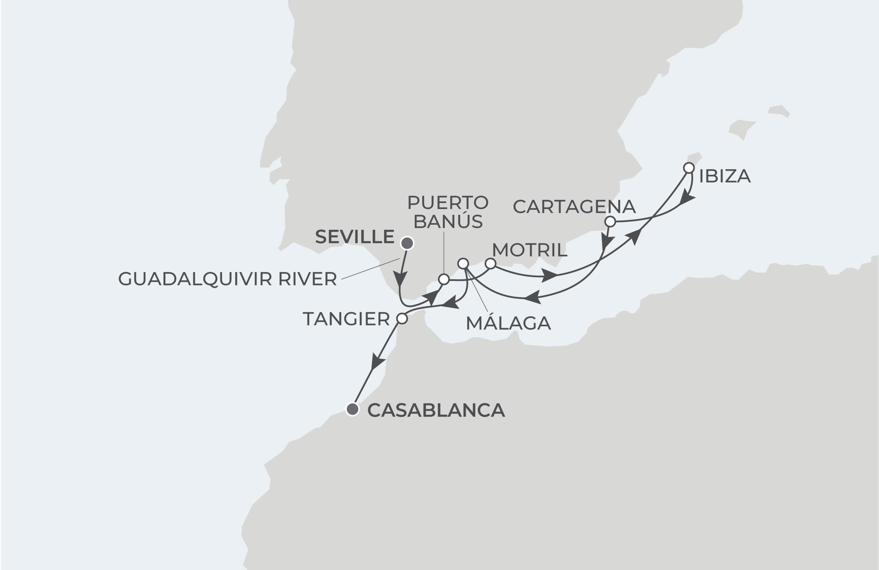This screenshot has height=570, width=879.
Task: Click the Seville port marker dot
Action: (x=407, y=243)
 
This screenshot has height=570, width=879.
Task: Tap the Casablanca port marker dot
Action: (x=353, y=409)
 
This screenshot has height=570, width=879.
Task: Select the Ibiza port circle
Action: (x=688, y=168)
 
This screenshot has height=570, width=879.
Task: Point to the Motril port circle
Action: (x=490, y=264)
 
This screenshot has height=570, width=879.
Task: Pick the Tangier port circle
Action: (x=402, y=318)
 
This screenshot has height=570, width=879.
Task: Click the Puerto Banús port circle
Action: (x=444, y=279)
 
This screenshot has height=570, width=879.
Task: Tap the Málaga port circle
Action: (x=463, y=264)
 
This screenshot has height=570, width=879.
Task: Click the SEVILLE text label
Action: (x=355, y=237)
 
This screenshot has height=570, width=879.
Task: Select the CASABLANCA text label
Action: (x=436, y=410)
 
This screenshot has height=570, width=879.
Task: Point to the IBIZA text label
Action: (x=724, y=176)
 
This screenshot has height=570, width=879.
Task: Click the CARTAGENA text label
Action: (x=574, y=206)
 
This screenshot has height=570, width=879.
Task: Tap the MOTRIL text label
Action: (x=529, y=250)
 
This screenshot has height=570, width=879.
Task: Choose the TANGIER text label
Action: (x=346, y=319)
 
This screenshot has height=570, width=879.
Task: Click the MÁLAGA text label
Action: (x=508, y=323)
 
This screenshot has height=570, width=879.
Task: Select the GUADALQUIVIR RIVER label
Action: (x=227, y=279)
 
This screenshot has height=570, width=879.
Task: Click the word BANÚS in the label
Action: (x=448, y=221)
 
